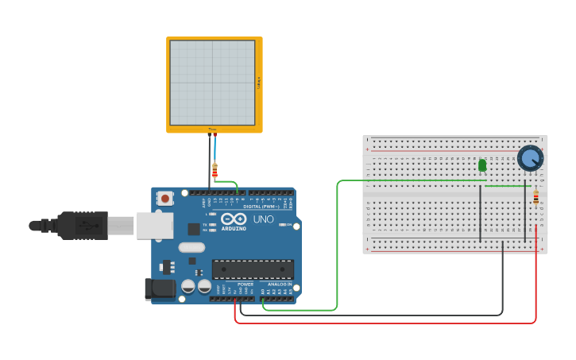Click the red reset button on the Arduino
click(164, 198)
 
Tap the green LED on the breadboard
click(482, 165)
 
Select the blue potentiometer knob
click(530, 157)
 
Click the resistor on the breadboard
click(535, 198)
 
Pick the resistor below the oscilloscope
click(215, 170)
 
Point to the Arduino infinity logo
click(234, 219)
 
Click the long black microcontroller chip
click(252, 269)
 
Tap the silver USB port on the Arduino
click(154, 226)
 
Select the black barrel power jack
click(159, 289)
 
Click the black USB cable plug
click(83, 226)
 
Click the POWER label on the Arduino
click(245, 285)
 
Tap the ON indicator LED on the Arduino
click(282, 225)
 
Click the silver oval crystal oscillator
click(191, 247)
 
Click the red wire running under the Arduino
click(381, 323)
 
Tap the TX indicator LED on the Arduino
click(212, 225)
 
